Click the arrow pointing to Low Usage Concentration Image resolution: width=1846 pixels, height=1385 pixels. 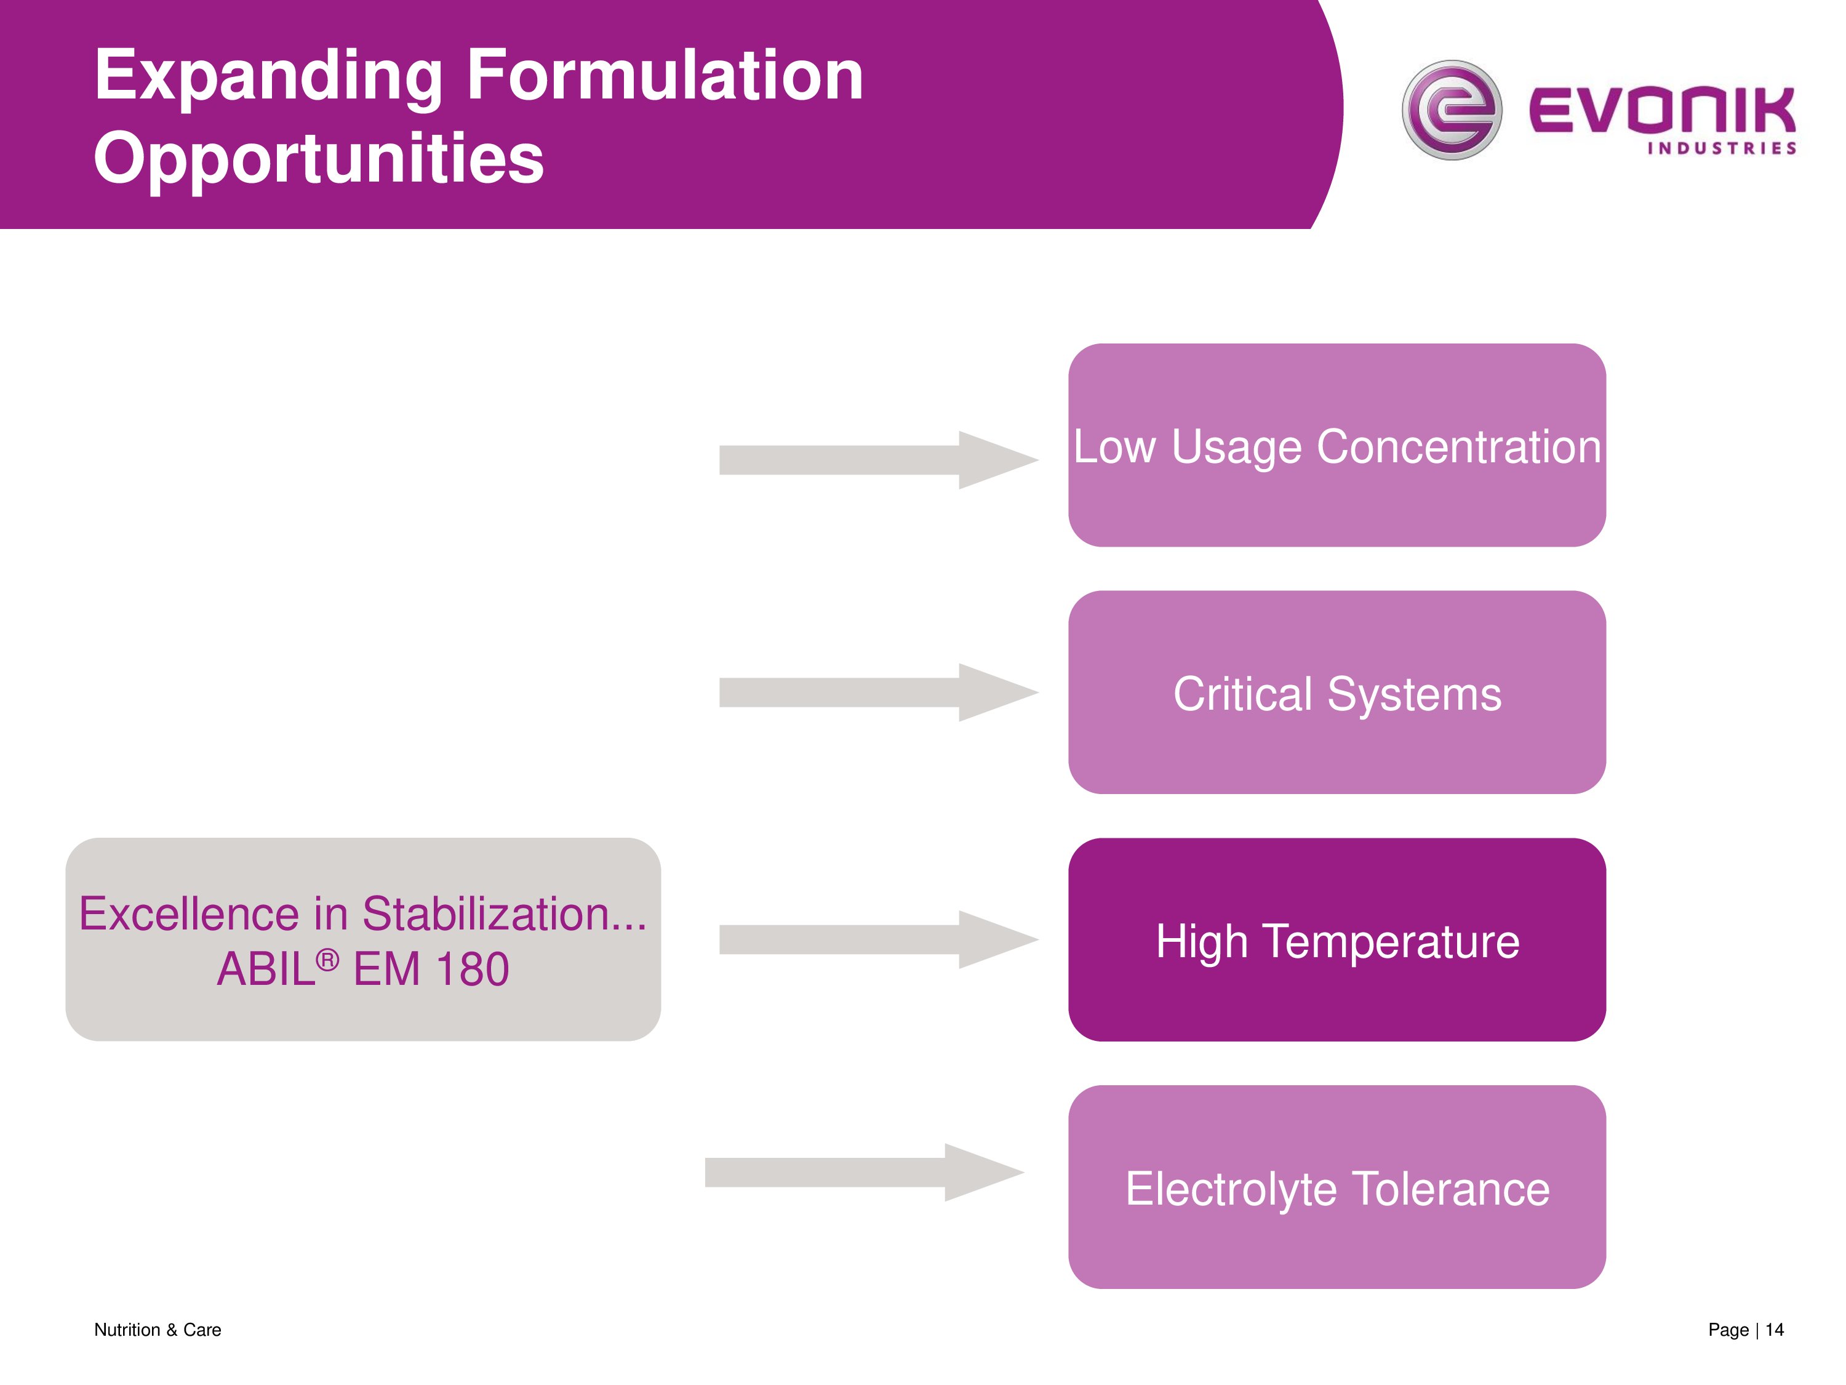[876, 460]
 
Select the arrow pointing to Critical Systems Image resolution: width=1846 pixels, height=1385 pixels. [876, 692]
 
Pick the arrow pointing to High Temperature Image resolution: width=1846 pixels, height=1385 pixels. [876, 939]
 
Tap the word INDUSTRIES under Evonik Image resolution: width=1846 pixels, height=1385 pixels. [1721, 148]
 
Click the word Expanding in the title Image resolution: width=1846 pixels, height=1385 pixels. [268, 77]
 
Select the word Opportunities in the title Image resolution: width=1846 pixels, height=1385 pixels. [318, 159]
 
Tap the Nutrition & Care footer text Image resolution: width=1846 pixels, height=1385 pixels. [157, 1329]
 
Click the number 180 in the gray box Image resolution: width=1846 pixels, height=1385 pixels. [473, 969]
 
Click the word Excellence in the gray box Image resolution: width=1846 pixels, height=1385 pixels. [189, 913]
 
